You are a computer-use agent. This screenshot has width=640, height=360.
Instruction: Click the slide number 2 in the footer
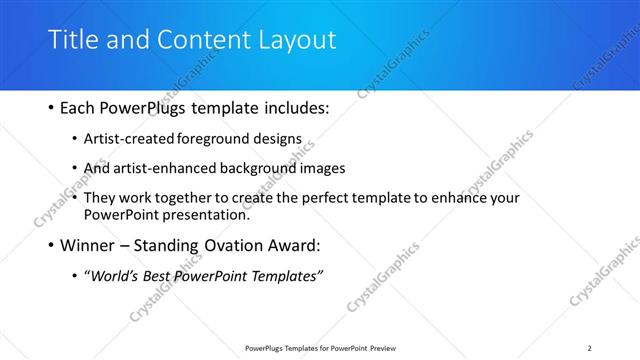pyautogui.click(x=589, y=348)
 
